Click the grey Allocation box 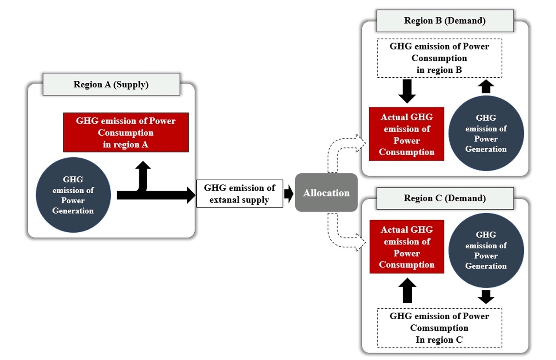pyautogui.click(x=326, y=193)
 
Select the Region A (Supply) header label pyautogui.click(x=111, y=85)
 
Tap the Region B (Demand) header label pyautogui.click(x=445, y=21)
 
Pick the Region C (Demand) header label pyautogui.click(x=445, y=198)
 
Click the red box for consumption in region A pyautogui.click(x=126, y=132)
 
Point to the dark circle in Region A pyautogui.click(x=73, y=195)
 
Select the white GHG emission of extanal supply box pyautogui.click(x=240, y=194)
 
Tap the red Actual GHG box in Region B pyautogui.click(x=407, y=134)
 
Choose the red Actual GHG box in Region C pyautogui.click(x=407, y=247)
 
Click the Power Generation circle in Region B pyautogui.click(x=486, y=133)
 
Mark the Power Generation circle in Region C pyautogui.click(x=486, y=250)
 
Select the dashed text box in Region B pyautogui.click(x=439, y=58)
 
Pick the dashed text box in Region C pyautogui.click(x=439, y=328)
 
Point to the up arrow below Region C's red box pyautogui.click(x=407, y=290)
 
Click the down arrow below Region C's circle pyautogui.click(x=486, y=297)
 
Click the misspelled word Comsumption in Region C pyautogui.click(x=439, y=328)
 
